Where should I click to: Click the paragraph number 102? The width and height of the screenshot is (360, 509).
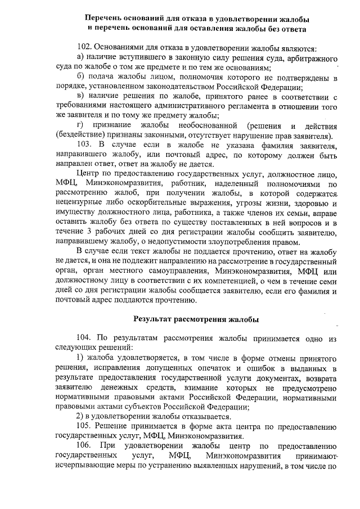(x=84, y=48)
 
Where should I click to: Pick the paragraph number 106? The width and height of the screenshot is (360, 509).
(x=84, y=447)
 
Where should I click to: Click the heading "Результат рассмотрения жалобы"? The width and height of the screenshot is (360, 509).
(x=195, y=319)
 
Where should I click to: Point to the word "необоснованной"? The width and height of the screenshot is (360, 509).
(x=205, y=124)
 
